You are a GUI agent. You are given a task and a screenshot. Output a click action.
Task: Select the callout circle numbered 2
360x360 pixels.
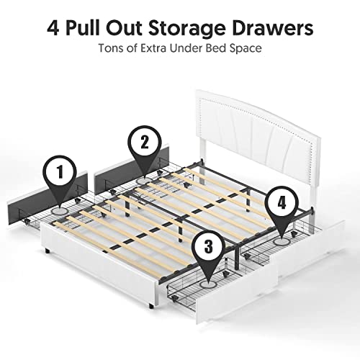(x=144, y=142)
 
